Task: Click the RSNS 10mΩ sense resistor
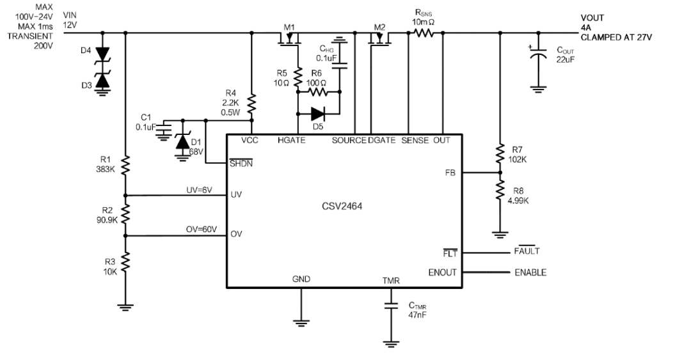coord(424,33)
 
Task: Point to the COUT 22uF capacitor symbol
coord(540,56)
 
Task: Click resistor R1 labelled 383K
coord(125,166)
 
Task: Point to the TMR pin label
coord(390,279)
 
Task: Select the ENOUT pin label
coord(443,272)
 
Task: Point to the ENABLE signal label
coord(530,272)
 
